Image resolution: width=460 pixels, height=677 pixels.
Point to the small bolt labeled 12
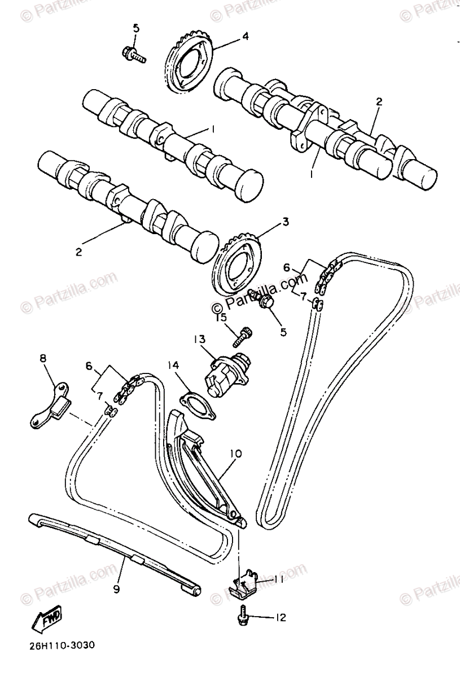[243, 617]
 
